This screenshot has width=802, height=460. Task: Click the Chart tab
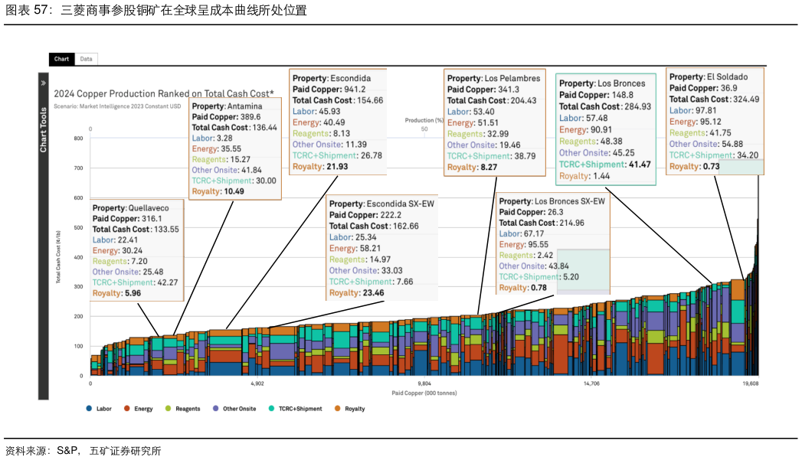(61, 59)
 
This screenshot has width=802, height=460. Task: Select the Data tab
(86, 59)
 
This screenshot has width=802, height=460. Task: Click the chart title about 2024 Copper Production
(163, 93)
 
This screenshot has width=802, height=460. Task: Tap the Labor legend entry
(99, 409)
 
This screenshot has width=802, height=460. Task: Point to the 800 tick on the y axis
(78, 139)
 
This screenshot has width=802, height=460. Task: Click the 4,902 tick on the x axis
(257, 383)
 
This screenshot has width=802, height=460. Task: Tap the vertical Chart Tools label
(44, 130)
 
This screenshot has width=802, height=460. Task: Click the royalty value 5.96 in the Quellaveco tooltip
(131, 293)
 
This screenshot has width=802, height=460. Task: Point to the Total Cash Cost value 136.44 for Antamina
(261, 128)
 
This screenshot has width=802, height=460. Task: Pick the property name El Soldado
(727, 77)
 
